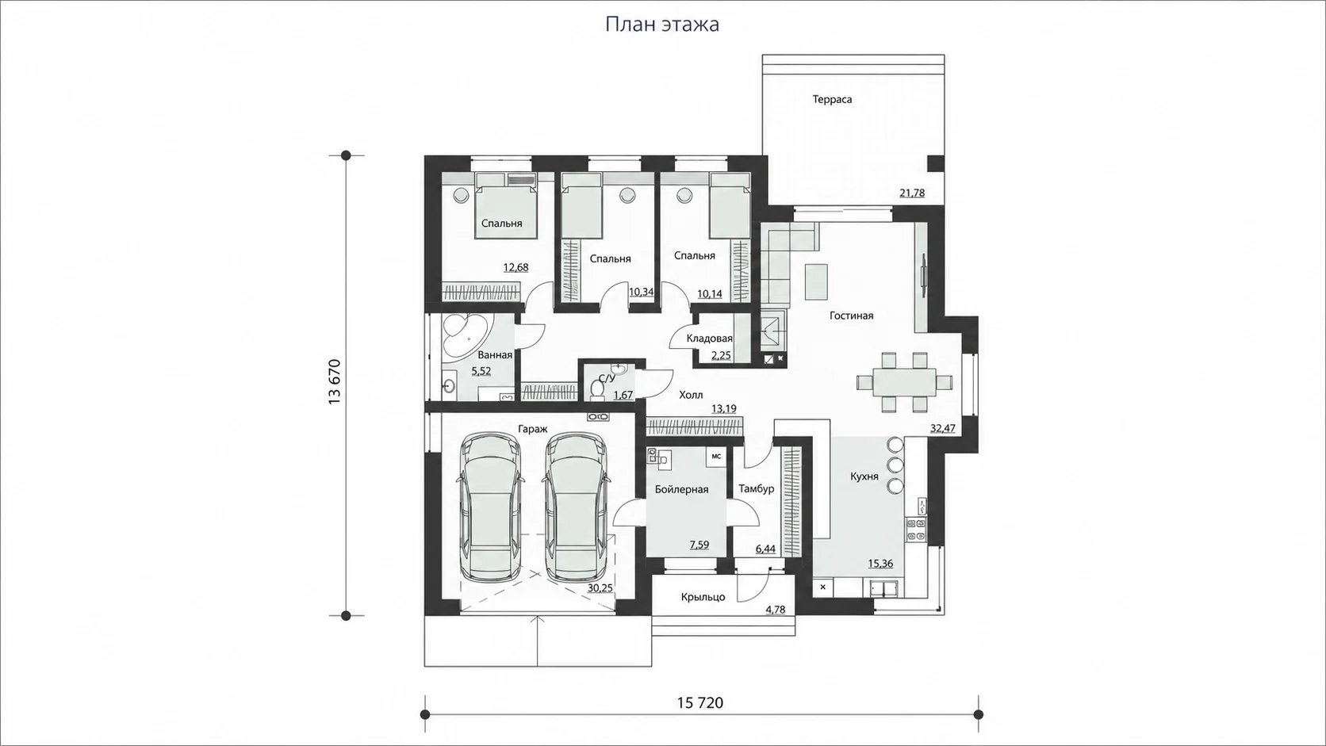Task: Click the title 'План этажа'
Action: (x=662, y=25)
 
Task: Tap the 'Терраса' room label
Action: (x=832, y=99)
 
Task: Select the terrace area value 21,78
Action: (x=912, y=193)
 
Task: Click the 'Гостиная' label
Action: (x=851, y=316)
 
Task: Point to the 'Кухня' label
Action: (x=864, y=476)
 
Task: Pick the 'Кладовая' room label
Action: (x=709, y=339)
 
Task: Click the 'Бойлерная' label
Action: (x=681, y=490)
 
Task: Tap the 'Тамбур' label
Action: (x=757, y=489)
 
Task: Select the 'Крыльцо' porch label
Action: (x=703, y=597)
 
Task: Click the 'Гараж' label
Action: (x=533, y=430)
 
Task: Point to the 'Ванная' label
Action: (x=495, y=355)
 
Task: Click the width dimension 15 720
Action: (x=699, y=703)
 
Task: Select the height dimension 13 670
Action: (x=335, y=381)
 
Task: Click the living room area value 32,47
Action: (x=942, y=428)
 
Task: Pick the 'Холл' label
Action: (x=691, y=395)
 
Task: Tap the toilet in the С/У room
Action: (x=596, y=389)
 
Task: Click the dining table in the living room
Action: (x=904, y=382)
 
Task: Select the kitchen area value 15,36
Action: (x=880, y=564)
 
